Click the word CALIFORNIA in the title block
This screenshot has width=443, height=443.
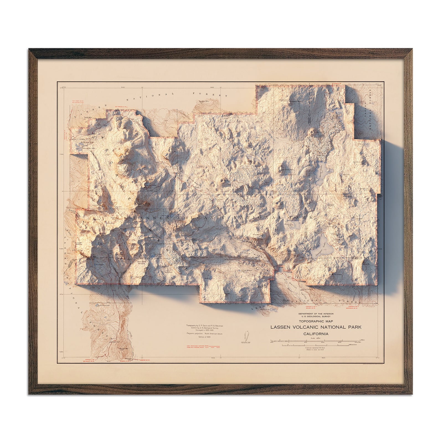click(316, 334)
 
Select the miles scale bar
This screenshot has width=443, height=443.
click(316, 340)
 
